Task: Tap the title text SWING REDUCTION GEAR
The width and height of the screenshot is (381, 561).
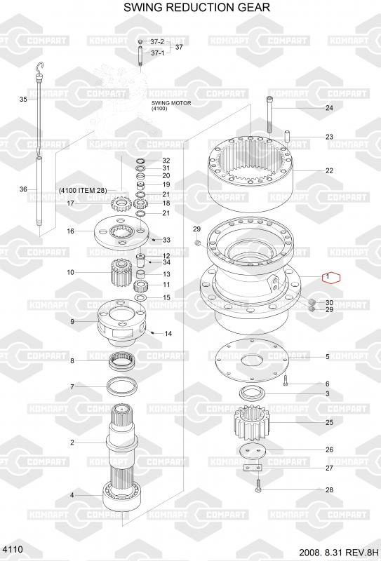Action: (196, 7)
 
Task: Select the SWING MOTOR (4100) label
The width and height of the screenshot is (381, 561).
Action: (171, 105)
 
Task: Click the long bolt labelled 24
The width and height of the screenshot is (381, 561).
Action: (269, 114)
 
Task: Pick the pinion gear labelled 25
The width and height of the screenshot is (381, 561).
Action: (252, 425)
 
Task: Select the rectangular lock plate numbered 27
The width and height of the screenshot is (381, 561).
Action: (253, 468)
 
